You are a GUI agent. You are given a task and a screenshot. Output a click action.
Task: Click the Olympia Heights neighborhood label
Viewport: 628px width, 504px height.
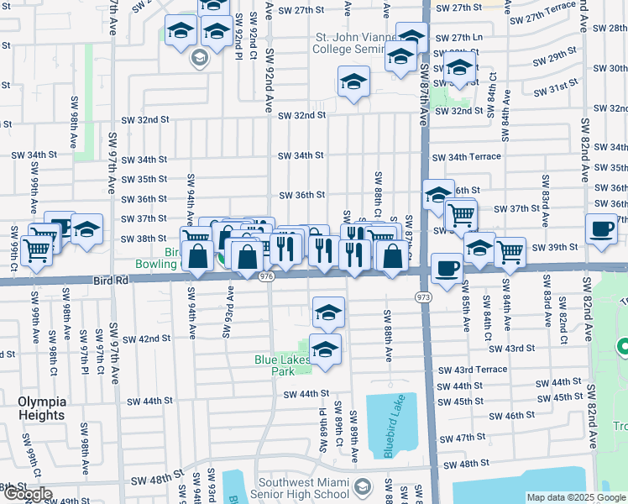pyautogui.click(x=41, y=408)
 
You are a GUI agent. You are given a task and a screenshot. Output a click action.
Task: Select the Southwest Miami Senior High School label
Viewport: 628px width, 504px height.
pyautogui.click(x=303, y=488)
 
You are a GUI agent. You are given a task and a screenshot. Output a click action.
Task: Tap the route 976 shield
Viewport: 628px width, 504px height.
pyautogui.click(x=267, y=276)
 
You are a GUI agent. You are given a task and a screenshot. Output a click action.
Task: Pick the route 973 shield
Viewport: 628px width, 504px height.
pyautogui.click(x=423, y=297)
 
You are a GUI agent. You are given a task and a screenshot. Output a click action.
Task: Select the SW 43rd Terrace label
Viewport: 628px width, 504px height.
pyautogui.click(x=481, y=370)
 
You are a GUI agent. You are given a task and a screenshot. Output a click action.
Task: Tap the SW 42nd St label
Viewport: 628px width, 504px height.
pyautogui.click(x=146, y=339)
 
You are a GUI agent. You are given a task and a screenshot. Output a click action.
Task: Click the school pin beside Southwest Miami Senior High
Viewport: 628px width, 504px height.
pyautogui.click(x=363, y=487)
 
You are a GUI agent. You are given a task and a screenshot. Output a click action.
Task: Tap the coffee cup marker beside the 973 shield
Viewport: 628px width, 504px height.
pyautogui.click(x=447, y=269)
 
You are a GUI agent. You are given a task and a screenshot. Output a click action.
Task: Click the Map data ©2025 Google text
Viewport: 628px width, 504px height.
pyautogui.click(x=576, y=497)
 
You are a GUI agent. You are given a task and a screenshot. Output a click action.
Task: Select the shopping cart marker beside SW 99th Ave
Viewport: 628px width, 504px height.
pyautogui.click(x=37, y=249)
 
